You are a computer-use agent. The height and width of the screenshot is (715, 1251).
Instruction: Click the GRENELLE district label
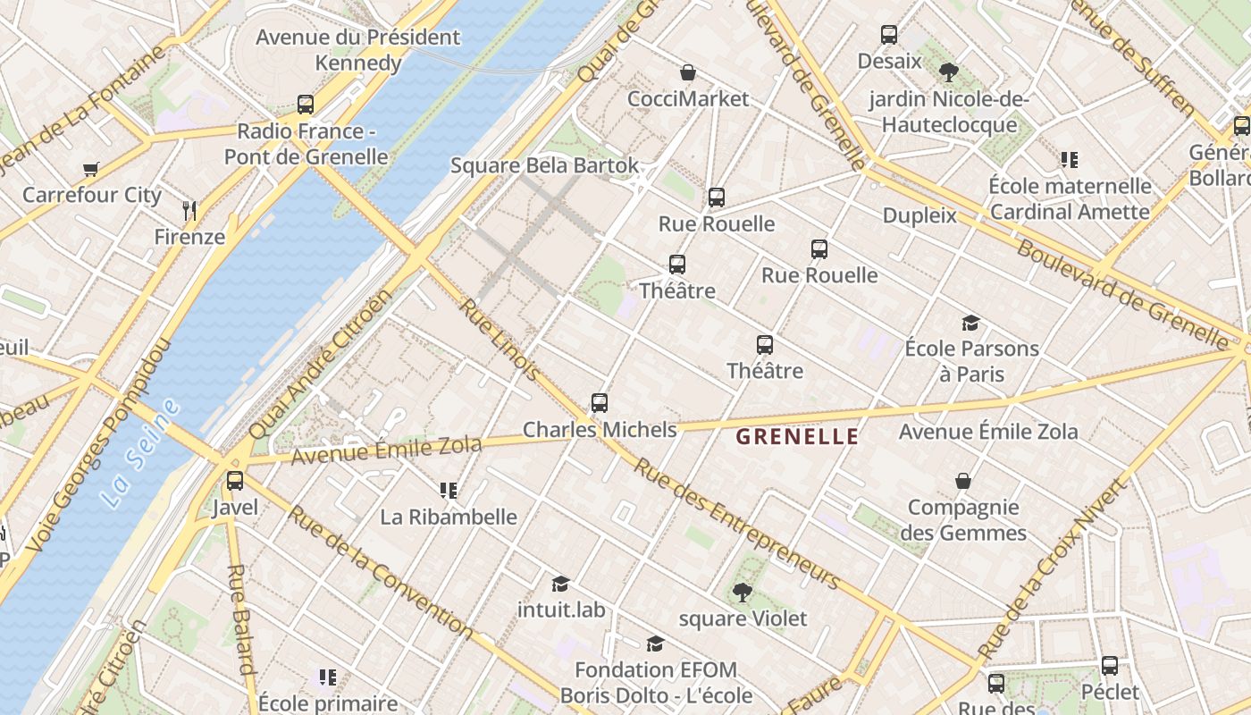796,437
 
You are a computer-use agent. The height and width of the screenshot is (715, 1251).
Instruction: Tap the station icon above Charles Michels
600,403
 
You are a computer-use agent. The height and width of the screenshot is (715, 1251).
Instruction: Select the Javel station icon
235,481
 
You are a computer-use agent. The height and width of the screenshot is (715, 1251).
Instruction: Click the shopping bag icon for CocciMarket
688,72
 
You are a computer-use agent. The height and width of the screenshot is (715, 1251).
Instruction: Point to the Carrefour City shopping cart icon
90,169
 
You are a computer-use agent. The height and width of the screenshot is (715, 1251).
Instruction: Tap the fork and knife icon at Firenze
189,211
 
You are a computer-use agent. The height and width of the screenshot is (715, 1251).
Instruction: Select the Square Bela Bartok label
544,165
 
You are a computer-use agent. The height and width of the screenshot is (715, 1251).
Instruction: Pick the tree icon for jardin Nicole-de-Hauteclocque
949,72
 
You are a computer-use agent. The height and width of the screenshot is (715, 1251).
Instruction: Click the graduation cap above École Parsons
970,323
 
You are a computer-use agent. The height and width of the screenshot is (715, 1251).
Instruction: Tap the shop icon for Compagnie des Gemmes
963,482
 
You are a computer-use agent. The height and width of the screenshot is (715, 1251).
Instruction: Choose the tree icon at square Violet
742,592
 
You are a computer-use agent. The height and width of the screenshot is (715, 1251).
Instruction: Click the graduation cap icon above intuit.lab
560,584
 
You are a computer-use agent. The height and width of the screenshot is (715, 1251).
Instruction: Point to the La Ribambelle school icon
449,491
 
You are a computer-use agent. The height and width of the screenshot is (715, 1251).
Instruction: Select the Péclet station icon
1110,666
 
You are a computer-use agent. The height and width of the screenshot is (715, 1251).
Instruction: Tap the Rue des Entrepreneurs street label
737,523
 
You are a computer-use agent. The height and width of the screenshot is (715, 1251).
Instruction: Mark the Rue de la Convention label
381,572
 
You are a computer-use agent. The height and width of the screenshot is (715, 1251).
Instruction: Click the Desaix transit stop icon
889,35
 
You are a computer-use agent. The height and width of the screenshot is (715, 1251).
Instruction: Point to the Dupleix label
919,215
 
